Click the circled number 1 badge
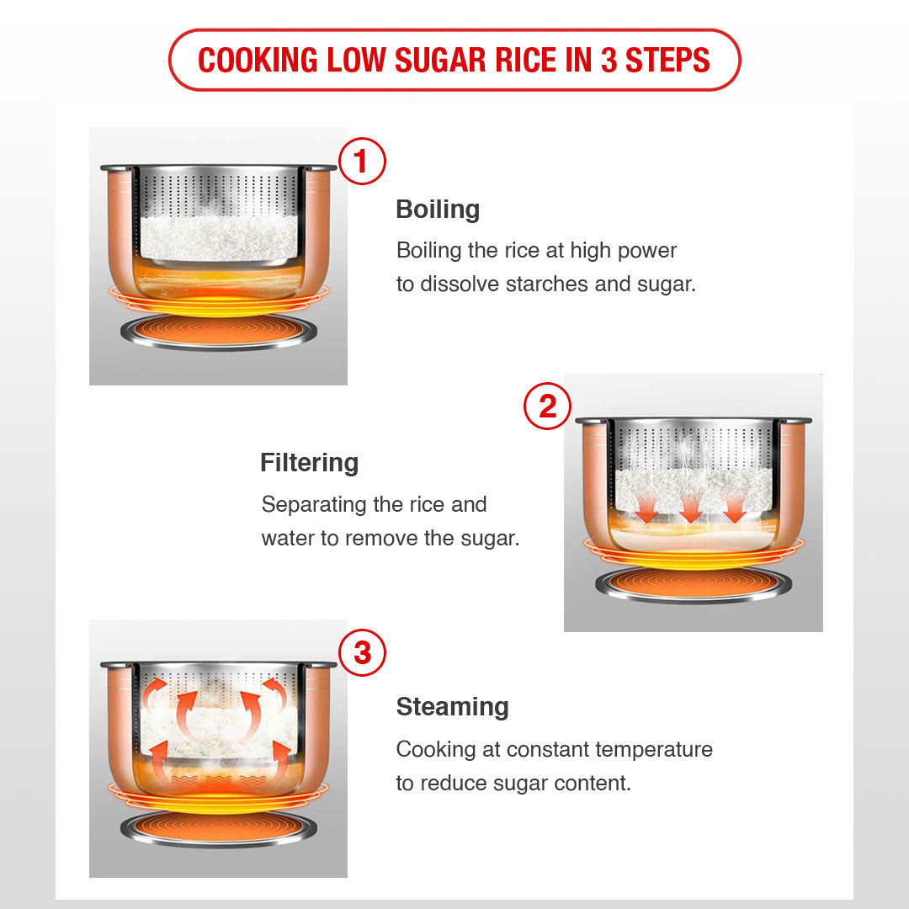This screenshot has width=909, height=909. tap(362, 161)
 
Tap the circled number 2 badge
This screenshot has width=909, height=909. tap(547, 406)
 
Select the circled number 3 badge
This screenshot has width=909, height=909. tap(362, 653)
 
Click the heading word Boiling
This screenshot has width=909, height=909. tap(438, 210)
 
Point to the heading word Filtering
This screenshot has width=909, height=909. tap(310, 463)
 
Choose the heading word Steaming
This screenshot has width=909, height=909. tap(453, 707)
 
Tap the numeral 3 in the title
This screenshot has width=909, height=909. tap(609, 60)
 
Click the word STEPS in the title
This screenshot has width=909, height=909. tap(667, 60)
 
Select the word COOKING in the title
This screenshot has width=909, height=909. tap(258, 60)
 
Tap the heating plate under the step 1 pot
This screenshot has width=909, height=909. tap(218, 332)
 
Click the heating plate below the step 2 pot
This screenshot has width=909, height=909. tap(694, 584)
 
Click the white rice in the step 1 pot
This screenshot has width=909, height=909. tap(219, 237)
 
